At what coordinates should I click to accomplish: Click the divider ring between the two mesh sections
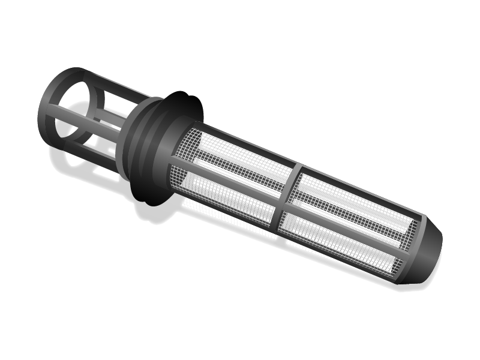click(288, 198)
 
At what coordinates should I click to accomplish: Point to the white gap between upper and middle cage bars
click(111, 105)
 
